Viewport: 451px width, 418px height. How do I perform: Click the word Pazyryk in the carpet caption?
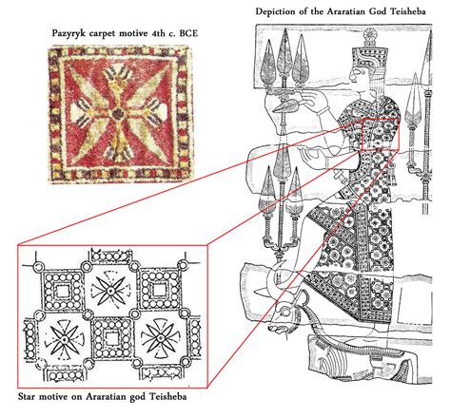66,33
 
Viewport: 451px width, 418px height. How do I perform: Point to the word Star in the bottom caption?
27,396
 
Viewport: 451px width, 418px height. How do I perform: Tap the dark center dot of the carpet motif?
117,113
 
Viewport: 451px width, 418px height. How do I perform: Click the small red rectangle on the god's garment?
381,134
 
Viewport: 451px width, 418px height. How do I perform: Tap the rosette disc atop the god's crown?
370,35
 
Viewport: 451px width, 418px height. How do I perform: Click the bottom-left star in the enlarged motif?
65,340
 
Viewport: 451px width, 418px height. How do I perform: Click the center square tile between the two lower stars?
112,338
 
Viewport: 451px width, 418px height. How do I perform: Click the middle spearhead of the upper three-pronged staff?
284,55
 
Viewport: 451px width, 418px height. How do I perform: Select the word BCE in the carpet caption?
188,33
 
